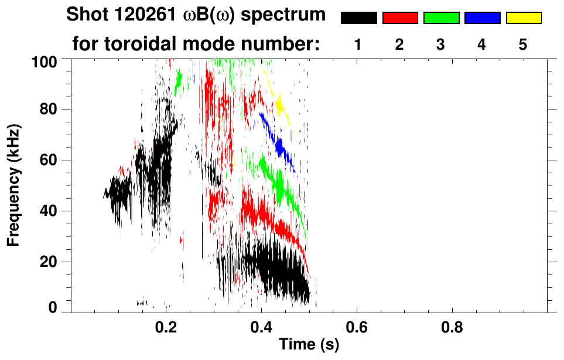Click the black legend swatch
click(x=359, y=18)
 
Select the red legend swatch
click(x=400, y=18)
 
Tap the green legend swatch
click(x=441, y=18)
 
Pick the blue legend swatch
click(x=482, y=18)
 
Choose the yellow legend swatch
click(x=523, y=18)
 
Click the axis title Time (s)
click(x=308, y=345)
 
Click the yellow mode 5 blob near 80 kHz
click(x=280, y=105)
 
